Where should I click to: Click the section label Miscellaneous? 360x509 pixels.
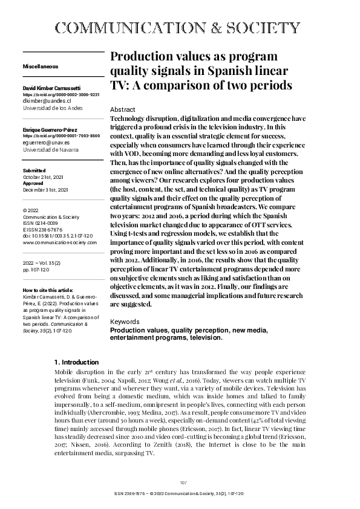41,65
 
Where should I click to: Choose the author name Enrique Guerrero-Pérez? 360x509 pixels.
52,130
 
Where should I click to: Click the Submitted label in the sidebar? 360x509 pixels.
34,171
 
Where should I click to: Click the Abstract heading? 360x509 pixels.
123,109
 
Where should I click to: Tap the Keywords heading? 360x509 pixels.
126,322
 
